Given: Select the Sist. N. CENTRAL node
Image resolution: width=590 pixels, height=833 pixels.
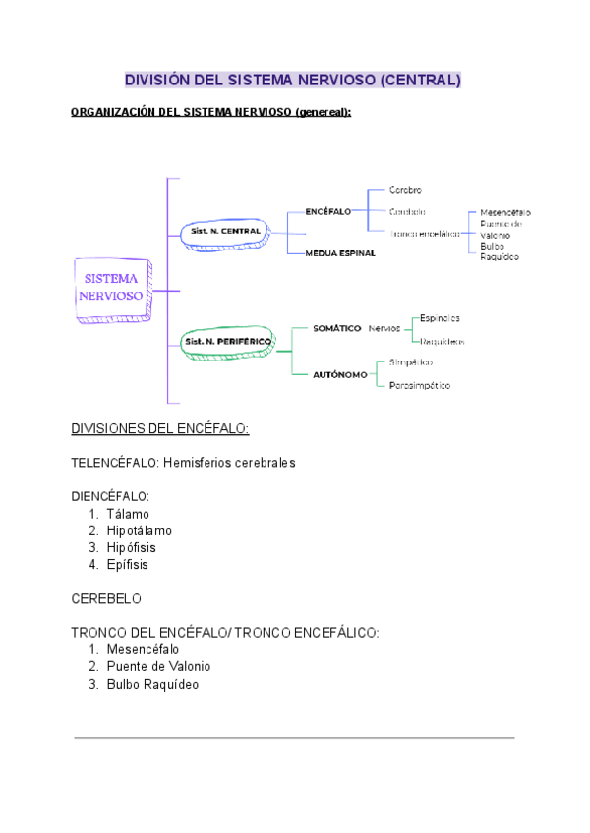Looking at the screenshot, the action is pos(225,231).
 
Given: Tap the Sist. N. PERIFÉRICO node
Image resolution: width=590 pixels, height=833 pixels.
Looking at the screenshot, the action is pos(227,341).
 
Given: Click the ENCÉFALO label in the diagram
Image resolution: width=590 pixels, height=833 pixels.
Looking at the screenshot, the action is pos(327,211).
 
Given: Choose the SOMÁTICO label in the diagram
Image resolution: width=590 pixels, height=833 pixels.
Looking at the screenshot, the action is pos(336,328).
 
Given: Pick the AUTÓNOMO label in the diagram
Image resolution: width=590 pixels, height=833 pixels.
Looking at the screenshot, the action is pos(340,374).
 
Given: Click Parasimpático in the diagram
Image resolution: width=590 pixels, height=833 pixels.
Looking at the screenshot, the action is pos(420,385).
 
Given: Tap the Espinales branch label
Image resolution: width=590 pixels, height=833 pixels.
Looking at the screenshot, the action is pos(440,318).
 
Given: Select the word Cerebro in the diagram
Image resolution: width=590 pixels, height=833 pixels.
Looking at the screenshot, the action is pos(405,190).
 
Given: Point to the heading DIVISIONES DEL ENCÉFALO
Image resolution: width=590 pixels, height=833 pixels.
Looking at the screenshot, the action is pos(160,429).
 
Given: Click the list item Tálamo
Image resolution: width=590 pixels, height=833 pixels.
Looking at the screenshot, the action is pos(128,514).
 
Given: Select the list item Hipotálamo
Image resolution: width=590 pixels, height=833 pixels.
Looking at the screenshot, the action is pos(140,530).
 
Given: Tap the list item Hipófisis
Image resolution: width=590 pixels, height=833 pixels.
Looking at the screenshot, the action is pos(132,547).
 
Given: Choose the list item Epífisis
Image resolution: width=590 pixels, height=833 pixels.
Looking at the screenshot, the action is pos(128,564).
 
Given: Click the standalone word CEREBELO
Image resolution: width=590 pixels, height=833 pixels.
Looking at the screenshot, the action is pos(106,598).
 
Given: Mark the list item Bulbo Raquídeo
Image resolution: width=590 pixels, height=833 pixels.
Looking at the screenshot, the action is pos(152,684).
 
